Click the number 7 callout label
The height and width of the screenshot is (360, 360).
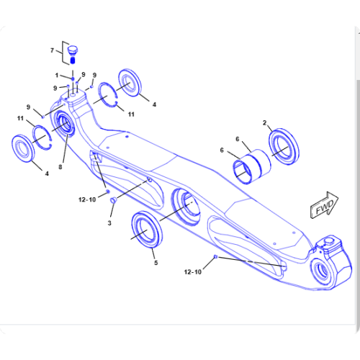click(52, 50)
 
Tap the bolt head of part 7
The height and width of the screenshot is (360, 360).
click(72, 50)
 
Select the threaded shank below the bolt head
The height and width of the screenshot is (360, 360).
click(73, 60)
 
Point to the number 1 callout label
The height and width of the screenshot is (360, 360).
click(57, 76)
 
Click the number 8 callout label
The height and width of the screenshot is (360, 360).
click(60, 167)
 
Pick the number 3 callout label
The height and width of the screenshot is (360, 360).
click(109, 223)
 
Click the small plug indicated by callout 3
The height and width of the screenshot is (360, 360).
click(113, 200)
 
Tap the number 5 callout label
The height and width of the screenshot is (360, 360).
click(156, 263)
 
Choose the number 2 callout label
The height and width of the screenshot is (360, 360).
click(264, 122)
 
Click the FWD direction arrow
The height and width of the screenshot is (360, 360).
click(325, 205)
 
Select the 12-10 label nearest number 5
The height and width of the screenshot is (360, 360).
click(193, 272)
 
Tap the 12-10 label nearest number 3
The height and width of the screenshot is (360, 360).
click(87, 199)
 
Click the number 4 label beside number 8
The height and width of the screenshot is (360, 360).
click(47, 174)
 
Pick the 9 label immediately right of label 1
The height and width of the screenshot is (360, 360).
click(84, 74)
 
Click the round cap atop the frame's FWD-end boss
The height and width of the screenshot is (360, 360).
click(328, 240)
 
